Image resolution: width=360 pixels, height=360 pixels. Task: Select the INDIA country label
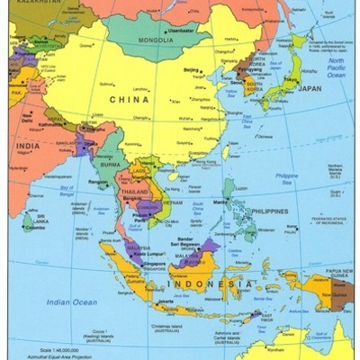[x=26, y=146]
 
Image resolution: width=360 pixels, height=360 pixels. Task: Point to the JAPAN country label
[x=308, y=88]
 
